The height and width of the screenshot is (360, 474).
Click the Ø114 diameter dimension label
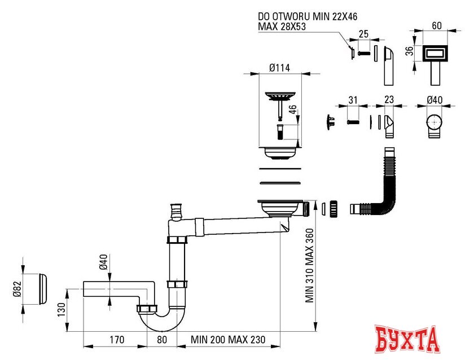pyautogui.click(x=279, y=68)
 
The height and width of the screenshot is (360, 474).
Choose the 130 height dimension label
pyautogui.click(x=62, y=310)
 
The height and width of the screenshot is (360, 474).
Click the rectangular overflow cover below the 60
pyautogui.click(x=436, y=54)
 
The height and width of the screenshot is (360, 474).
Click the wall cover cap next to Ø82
pyautogui.click(x=42, y=288)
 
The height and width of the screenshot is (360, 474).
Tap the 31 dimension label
pyautogui.click(x=353, y=100)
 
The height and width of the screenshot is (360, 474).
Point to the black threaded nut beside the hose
pyautogui.click(x=333, y=208)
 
